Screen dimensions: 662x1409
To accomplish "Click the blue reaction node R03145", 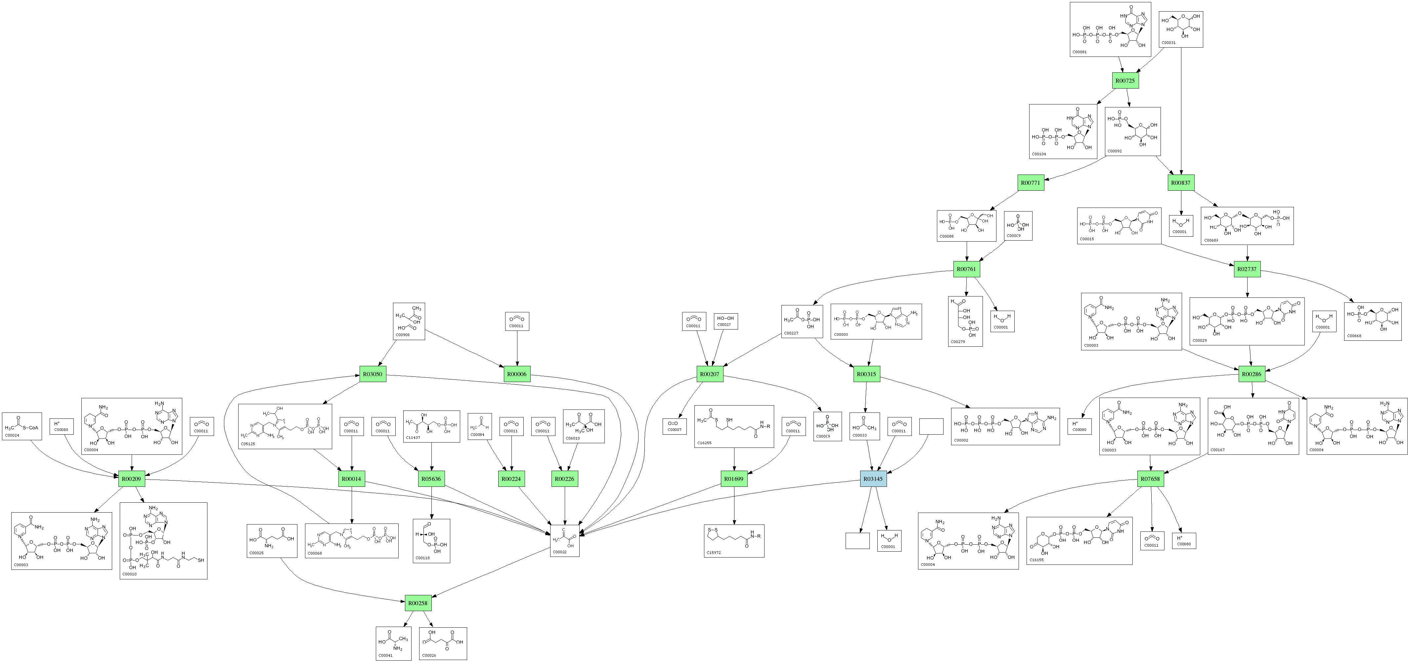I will [873, 479].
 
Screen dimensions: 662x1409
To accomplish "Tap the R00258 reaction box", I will [418, 603].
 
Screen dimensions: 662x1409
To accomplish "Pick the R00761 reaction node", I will [966, 269].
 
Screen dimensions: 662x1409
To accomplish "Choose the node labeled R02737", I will [1247, 269].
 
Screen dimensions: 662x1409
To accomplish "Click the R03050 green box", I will [373, 374].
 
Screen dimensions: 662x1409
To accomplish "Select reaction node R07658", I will [1150, 479].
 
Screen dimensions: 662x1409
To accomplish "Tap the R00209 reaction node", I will [131, 479].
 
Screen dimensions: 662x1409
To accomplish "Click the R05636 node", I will [431, 479].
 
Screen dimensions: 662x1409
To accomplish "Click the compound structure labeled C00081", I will [1110, 29].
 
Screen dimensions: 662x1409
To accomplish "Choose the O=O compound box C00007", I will [675, 426].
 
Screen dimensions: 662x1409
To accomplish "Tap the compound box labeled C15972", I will [734, 541].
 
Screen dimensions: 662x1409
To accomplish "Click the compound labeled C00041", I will [393, 643].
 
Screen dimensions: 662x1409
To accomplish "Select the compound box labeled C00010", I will [163, 541].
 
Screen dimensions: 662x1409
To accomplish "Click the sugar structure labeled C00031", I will [1181, 29].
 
